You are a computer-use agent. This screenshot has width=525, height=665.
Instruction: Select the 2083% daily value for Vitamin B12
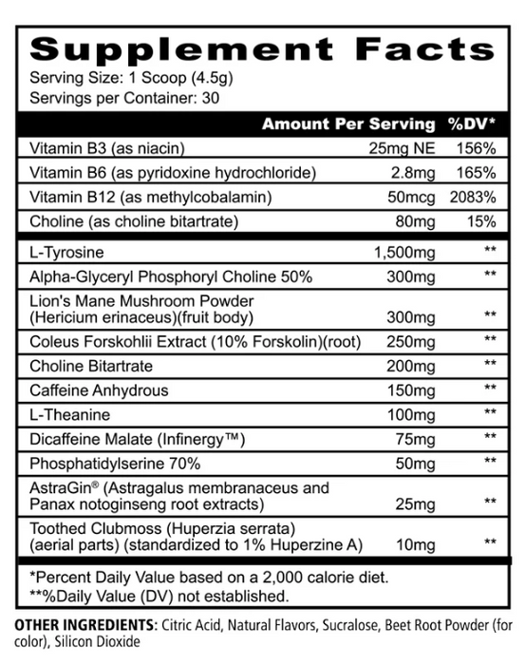(x=474, y=198)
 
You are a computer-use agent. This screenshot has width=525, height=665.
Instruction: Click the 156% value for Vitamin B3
(x=476, y=148)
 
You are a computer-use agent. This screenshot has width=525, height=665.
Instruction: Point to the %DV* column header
(x=471, y=123)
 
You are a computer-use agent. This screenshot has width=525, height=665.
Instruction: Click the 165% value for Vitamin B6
(x=476, y=173)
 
